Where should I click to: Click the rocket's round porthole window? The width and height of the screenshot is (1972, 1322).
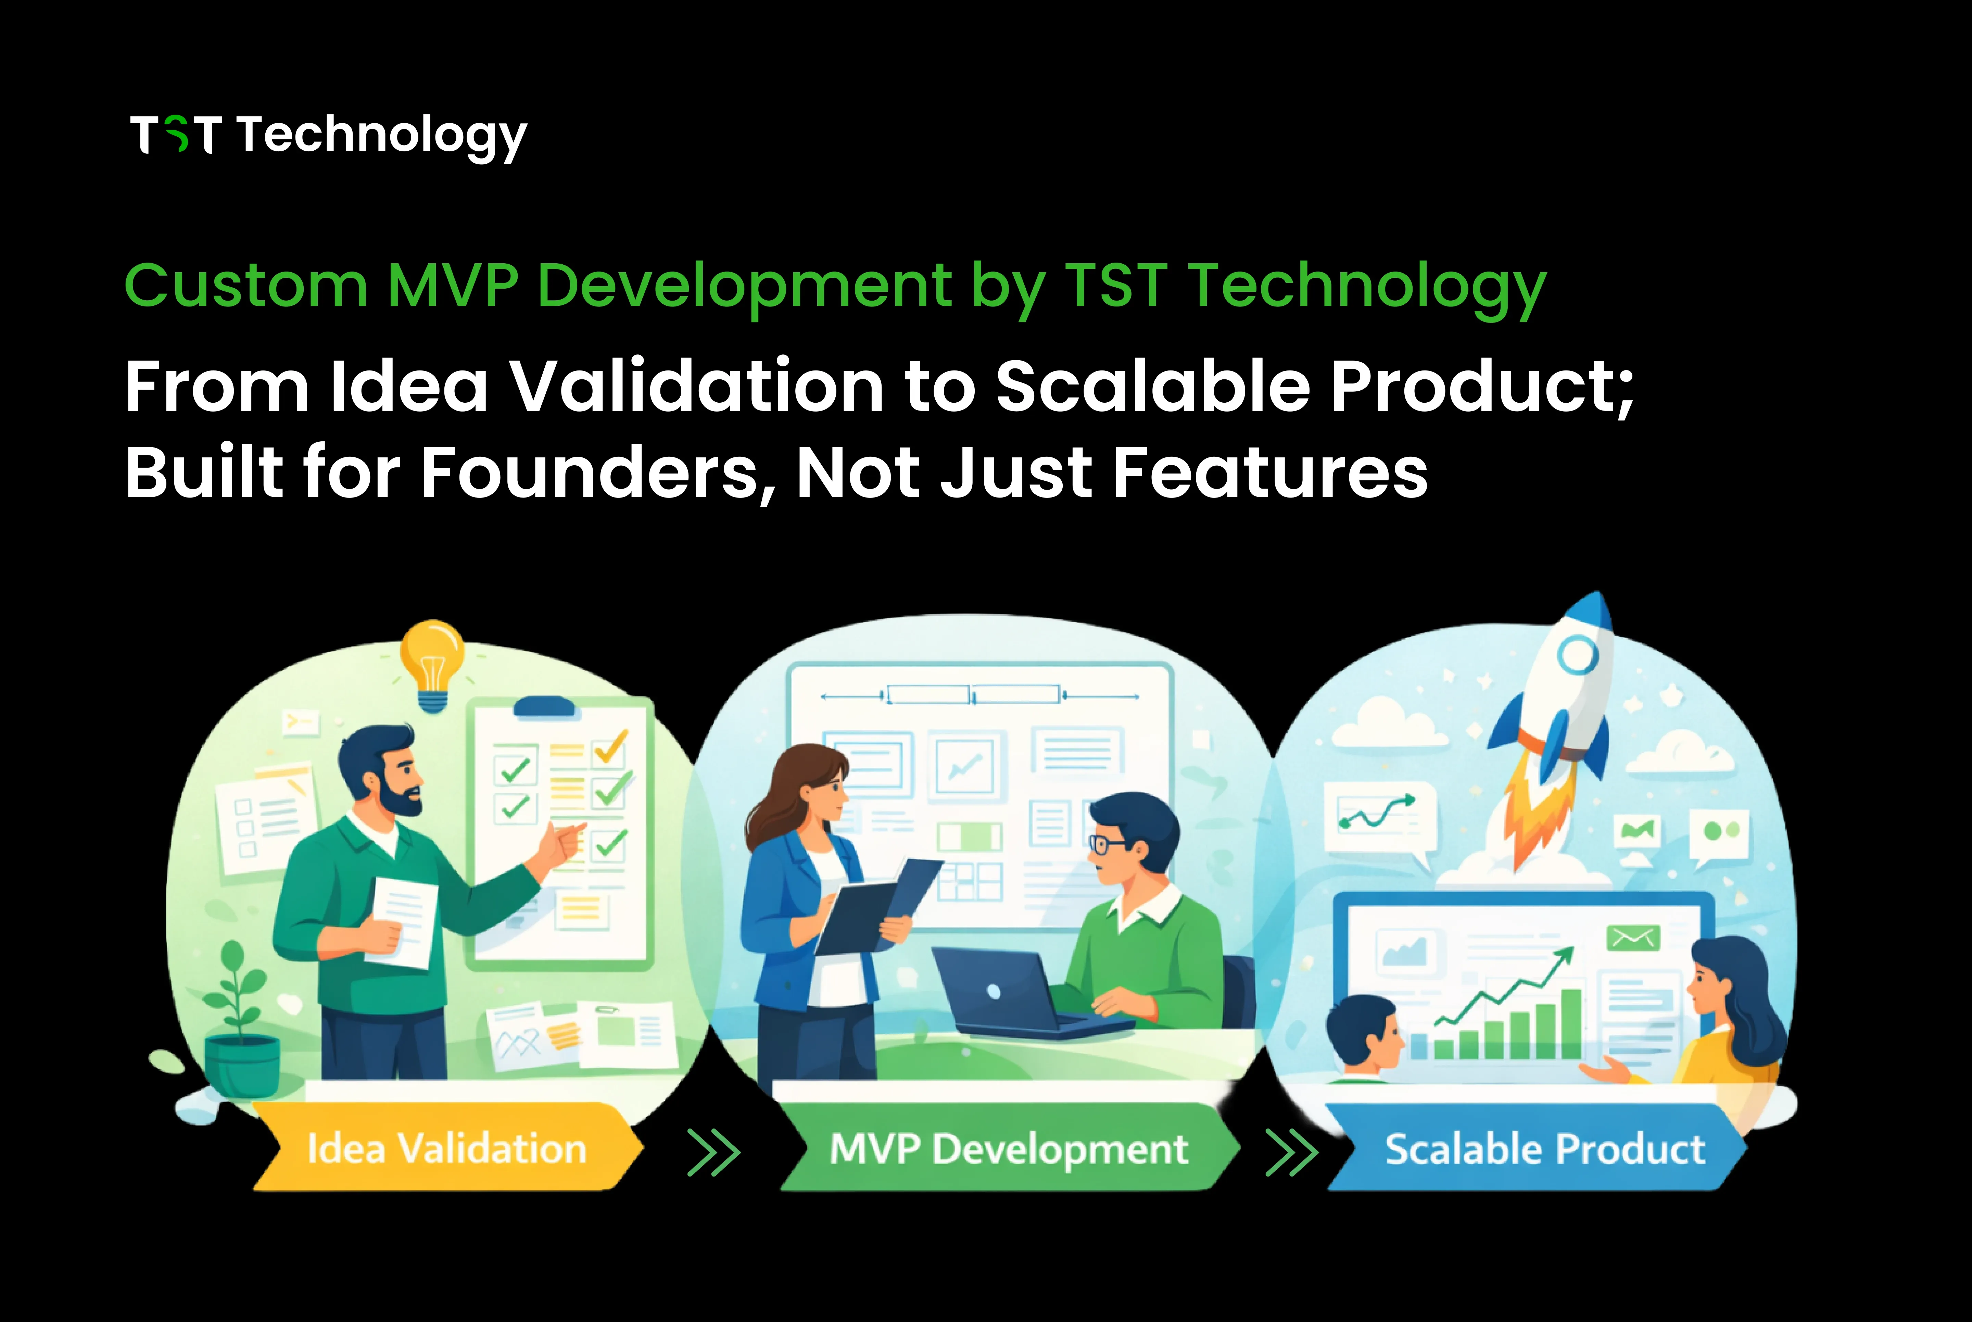pyautogui.click(x=1577, y=654)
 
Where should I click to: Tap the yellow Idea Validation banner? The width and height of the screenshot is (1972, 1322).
pyautogui.click(x=447, y=1148)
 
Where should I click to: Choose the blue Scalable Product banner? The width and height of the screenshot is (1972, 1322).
pyautogui.click(x=1544, y=1148)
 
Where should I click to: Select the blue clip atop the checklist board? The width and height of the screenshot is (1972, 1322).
pyautogui.click(x=545, y=706)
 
